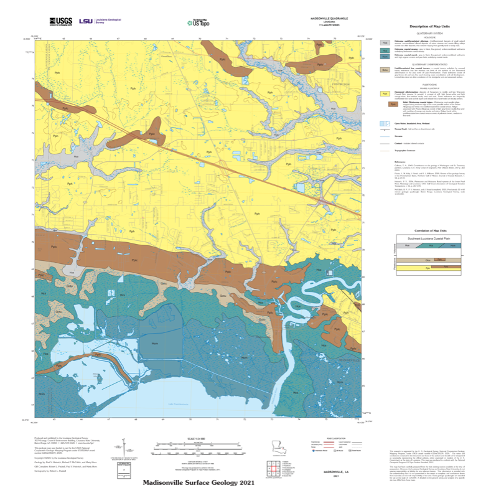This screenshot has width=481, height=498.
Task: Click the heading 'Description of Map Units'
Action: point(430,27)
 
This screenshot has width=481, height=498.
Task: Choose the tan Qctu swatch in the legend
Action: point(385,70)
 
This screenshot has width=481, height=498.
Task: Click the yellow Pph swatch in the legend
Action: point(385,94)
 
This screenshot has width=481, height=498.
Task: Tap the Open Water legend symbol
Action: point(385,124)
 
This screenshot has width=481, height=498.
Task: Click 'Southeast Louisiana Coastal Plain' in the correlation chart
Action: point(429,238)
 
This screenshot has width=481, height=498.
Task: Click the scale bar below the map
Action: point(198,444)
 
